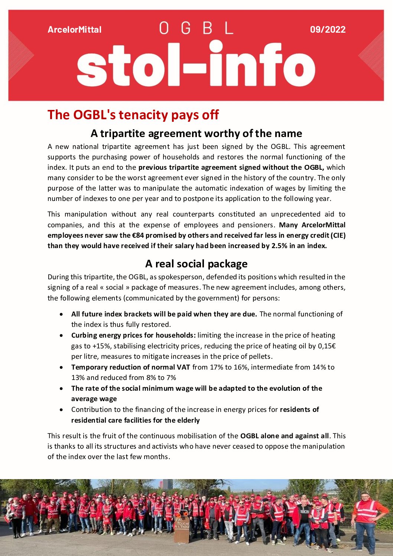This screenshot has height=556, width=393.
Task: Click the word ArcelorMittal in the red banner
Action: (74, 30)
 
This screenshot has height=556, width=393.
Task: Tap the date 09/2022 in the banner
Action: (328, 30)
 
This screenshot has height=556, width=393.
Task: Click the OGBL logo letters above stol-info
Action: (196, 28)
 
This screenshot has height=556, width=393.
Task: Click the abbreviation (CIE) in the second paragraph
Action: (338, 235)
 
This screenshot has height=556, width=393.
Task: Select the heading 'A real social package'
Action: (196, 264)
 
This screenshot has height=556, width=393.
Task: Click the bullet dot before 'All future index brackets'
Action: (61, 314)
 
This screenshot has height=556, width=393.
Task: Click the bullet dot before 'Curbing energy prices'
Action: (61, 335)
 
